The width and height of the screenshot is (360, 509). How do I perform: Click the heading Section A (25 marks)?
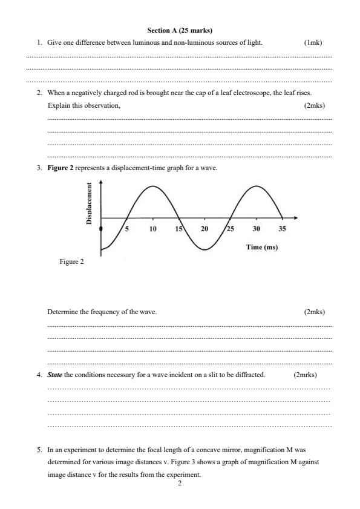coord(180,30)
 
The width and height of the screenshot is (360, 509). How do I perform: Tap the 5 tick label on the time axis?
coord(126,229)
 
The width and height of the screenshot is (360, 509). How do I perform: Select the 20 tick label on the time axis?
coord(204,229)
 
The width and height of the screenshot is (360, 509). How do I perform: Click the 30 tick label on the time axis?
coord(256,229)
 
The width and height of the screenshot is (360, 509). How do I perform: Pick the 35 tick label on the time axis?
coord(282,229)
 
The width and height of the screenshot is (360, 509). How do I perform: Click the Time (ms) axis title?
coord(261,247)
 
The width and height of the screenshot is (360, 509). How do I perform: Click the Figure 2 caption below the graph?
coord(71,261)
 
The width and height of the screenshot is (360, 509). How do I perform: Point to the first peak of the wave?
coord(153,186)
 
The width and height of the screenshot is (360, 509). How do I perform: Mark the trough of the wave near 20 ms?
coord(205,249)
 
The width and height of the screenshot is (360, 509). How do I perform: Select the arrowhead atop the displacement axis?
coord(100,184)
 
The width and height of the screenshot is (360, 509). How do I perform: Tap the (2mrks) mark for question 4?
coord(305,375)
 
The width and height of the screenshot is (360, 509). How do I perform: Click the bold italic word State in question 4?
coord(54,375)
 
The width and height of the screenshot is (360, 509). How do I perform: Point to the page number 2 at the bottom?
coord(180,484)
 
